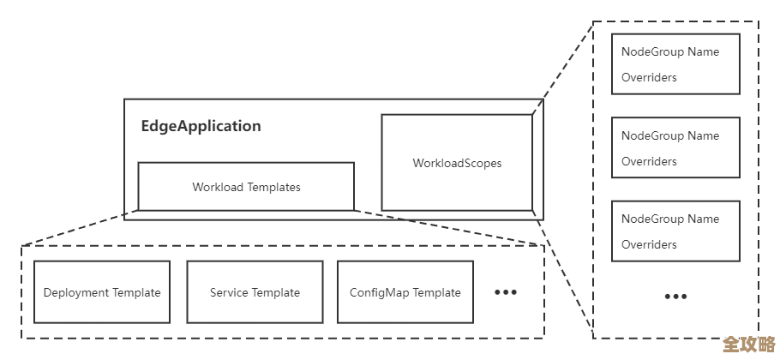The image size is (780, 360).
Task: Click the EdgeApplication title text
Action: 201,126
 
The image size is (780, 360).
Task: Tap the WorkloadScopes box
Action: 457,163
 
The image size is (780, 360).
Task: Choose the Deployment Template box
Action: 102,292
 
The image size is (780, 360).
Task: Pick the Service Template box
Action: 255,292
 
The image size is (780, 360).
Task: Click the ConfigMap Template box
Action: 405,292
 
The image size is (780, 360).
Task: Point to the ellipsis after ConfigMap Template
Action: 506,292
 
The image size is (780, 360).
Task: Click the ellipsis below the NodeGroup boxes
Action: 675,297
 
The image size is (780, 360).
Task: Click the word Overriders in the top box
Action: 649,78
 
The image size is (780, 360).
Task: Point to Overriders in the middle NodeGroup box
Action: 649,162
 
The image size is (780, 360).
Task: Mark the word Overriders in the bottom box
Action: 649,245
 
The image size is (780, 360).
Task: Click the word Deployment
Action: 75,293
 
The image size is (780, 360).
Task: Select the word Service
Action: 228,293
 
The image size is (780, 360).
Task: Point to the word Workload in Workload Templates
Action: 218,187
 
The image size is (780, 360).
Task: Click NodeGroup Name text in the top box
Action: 670,52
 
